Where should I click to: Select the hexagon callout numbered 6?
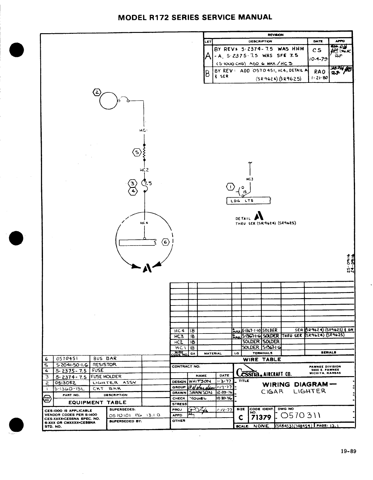point(166,242)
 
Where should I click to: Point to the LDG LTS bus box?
point(248,201)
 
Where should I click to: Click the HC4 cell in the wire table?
point(179,330)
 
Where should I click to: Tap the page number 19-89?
point(348,451)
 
